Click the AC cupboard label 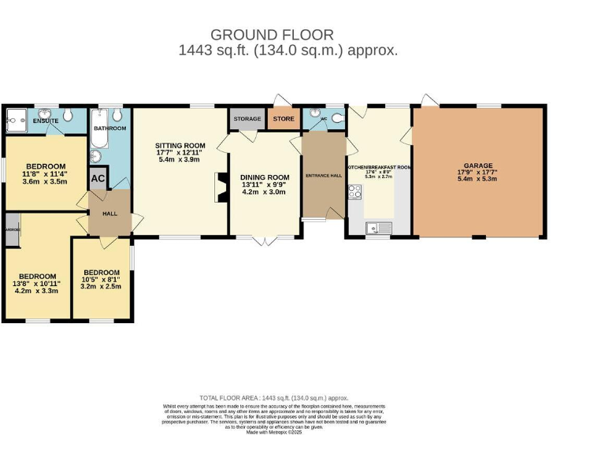point(98,178)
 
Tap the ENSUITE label point(46,121)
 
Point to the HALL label point(109,214)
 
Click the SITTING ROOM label point(180,146)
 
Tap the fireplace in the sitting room point(219,188)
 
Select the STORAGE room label point(247,119)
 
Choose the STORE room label point(284,119)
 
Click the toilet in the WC point(337,118)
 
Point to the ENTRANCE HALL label point(323,176)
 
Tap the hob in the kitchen point(354,191)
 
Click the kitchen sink point(377,229)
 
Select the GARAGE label point(477,166)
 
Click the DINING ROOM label point(265,177)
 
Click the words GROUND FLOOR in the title point(272,35)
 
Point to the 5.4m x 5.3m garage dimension point(477,179)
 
